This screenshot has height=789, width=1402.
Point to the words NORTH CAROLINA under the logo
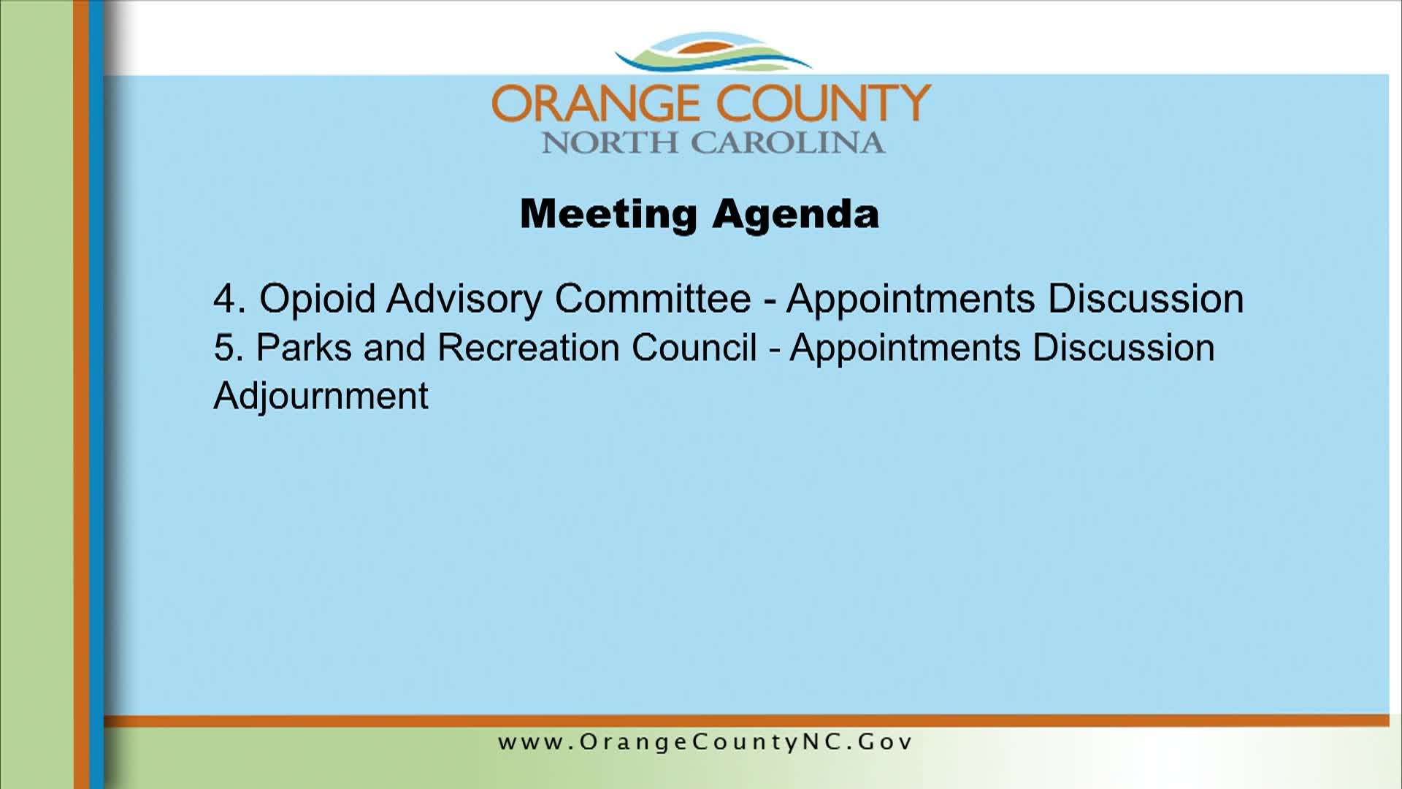click(713, 142)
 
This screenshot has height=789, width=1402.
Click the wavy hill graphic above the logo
click(713, 53)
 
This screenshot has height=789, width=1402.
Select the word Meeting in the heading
click(608, 214)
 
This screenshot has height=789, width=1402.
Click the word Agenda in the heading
click(796, 214)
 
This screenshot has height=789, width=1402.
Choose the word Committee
click(653, 299)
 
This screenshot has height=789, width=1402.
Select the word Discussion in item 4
click(1146, 299)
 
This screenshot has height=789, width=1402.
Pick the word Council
click(694, 347)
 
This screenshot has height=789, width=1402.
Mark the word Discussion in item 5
click(1124, 347)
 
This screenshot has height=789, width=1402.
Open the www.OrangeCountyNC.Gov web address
click(705, 742)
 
